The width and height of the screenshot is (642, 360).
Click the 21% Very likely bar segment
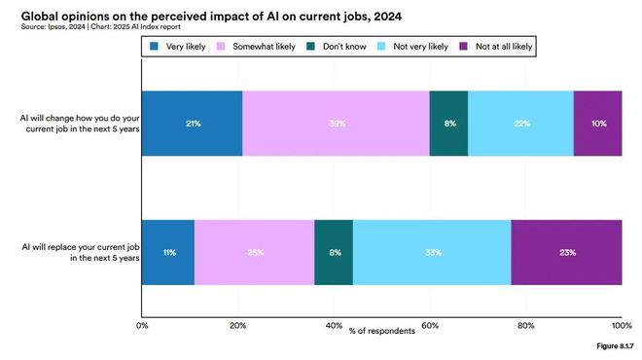pyautogui.click(x=192, y=124)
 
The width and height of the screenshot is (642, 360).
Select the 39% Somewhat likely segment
pyautogui.click(x=336, y=124)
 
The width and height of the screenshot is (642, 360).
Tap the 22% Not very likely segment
pyautogui.click(x=520, y=124)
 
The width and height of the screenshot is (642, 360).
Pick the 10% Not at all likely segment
pyautogui.click(x=597, y=124)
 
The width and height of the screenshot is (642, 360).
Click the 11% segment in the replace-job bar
pyautogui.click(x=168, y=252)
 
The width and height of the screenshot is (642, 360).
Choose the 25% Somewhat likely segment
pyautogui.click(x=255, y=252)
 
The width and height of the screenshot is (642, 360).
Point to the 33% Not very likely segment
pyautogui.click(x=432, y=252)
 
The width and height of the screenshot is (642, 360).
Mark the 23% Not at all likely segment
pyautogui.click(x=566, y=252)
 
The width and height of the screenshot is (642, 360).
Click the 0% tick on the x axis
pyautogui.click(x=142, y=324)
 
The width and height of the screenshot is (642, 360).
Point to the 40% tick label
pyautogui.click(x=334, y=324)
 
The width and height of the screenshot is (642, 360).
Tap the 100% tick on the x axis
pyautogui.click(x=620, y=324)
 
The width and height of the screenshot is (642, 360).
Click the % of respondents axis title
pyautogui.click(x=381, y=332)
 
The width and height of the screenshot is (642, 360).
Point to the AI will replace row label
pyautogui.click(x=79, y=253)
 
